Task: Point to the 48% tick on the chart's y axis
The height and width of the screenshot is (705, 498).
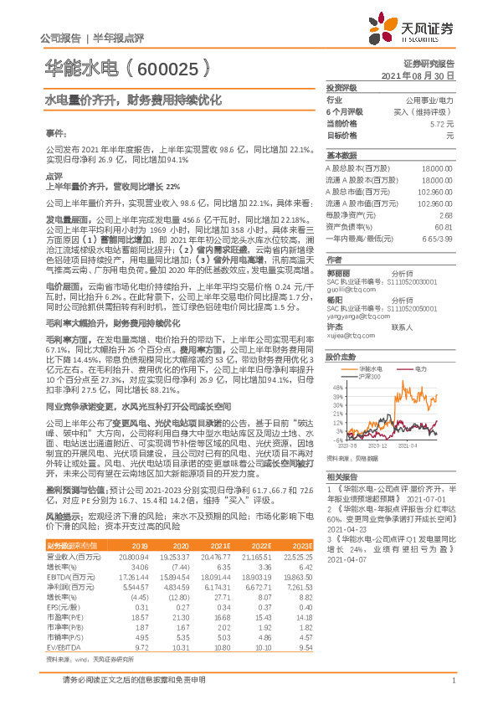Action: pyautogui.click(x=336, y=388)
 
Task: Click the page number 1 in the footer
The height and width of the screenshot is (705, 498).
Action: pyautogui.click(x=452, y=691)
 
